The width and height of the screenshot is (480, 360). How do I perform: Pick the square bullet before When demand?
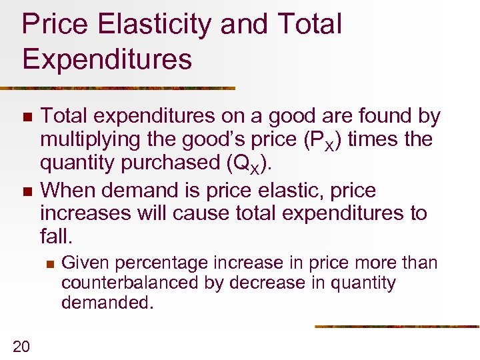click(x=26, y=191)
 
